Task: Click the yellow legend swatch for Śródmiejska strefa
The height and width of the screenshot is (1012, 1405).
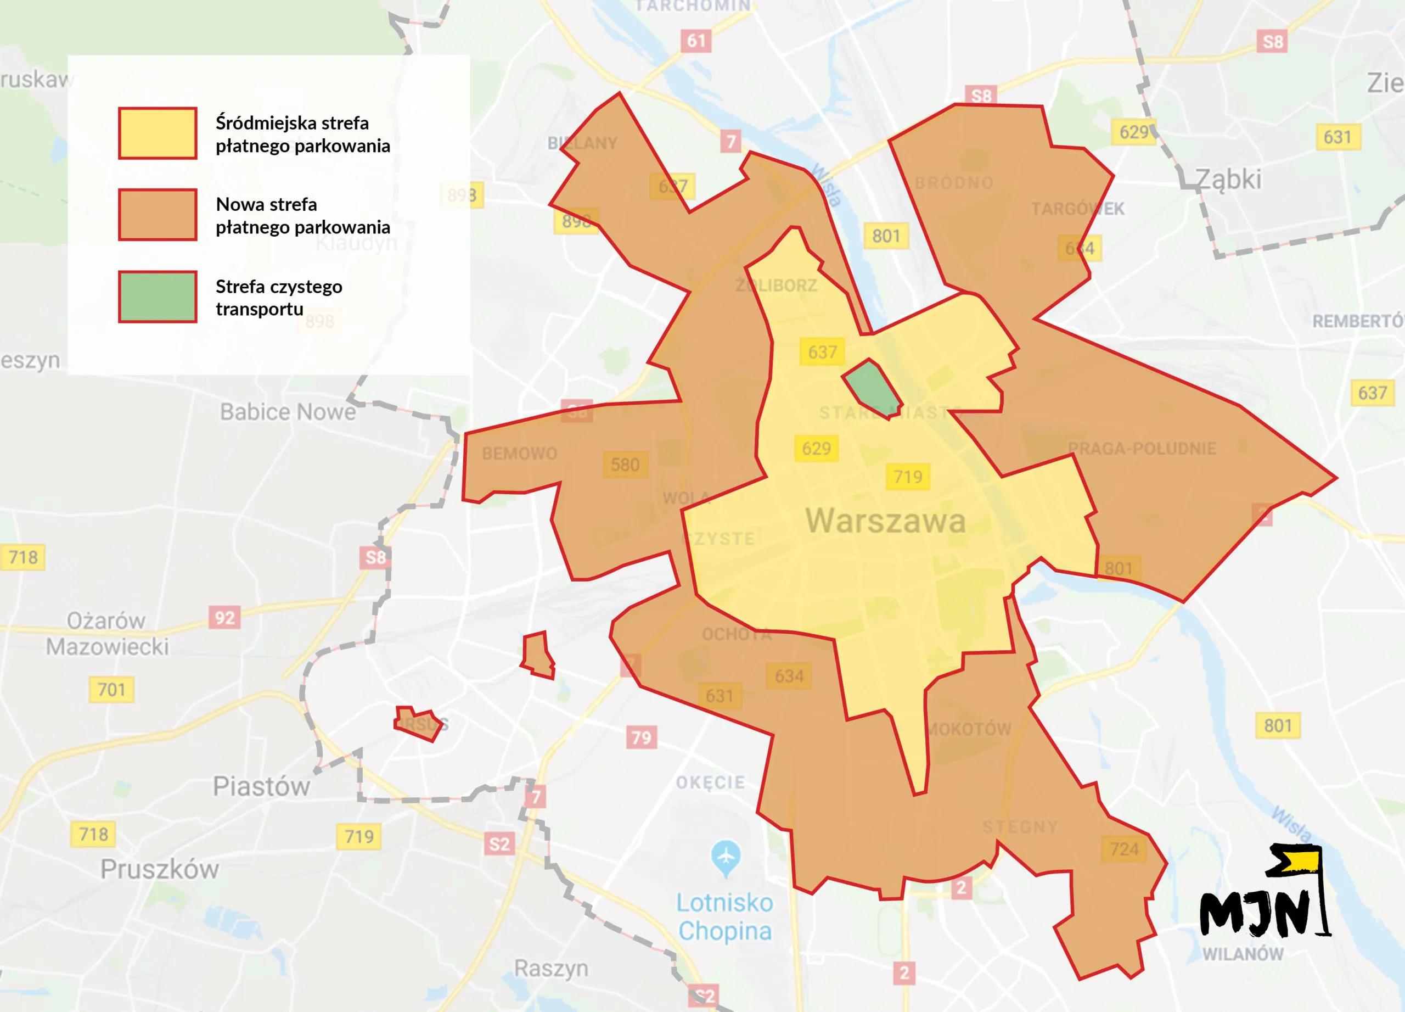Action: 158,133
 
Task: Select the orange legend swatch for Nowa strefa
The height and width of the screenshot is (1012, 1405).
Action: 158,214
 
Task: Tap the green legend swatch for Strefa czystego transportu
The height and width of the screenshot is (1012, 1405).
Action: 158,296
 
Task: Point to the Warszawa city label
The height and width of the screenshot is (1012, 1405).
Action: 885,521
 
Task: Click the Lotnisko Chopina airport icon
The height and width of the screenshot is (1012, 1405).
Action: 726,858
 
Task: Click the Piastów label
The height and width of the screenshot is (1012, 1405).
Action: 261,786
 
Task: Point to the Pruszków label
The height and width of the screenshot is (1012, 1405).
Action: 160,869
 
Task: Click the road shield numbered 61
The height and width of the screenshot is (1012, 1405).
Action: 696,41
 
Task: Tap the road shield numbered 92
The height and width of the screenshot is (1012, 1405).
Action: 224,618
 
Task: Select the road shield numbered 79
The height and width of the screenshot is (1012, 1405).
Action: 641,737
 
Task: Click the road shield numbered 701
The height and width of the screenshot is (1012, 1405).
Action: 111,689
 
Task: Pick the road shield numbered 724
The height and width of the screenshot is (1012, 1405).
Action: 1124,849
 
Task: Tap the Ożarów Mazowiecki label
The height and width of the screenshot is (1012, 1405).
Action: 106,633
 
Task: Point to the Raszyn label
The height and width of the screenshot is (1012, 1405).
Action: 550,968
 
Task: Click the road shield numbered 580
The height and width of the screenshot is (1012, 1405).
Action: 625,465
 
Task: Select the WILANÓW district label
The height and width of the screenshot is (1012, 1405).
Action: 1243,954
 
